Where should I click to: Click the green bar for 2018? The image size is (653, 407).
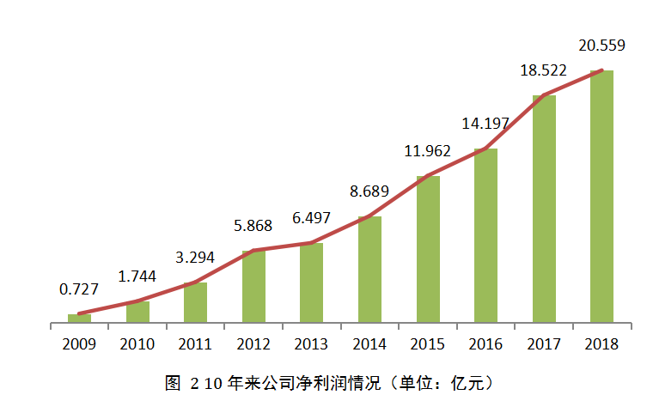[x=601, y=197]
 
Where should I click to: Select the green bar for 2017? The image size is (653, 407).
[x=544, y=210]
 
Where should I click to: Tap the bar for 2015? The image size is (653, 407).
[x=428, y=250]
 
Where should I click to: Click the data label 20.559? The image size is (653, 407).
[x=601, y=46]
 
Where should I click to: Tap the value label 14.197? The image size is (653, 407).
[x=485, y=123]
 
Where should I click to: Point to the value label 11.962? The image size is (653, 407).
[x=428, y=151]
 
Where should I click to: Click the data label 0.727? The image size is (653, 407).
[x=78, y=289]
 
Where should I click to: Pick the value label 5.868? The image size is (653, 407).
[x=253, y=227]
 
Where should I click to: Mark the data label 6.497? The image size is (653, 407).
[x=311, y=218]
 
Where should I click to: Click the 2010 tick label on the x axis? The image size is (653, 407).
[x=137, y=344]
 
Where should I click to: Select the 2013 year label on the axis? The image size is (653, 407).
[x=311, y=344]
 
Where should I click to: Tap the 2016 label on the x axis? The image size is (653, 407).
[x=485, y=344]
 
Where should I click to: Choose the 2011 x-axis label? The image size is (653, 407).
[x=195, y=344]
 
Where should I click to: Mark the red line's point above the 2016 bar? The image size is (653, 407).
[x=485, y=149]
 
